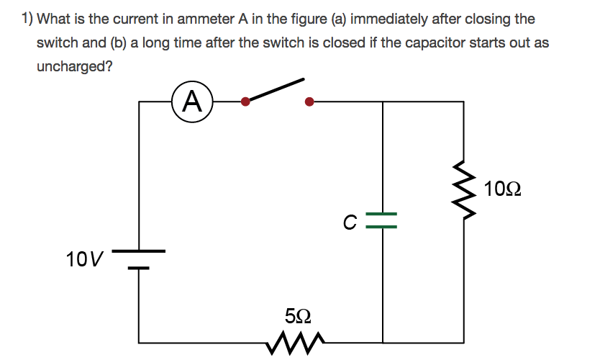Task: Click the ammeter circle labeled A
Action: click(192, 102)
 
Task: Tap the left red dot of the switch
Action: click(246, 102)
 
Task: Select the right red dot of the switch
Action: click(309, 102)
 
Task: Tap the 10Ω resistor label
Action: click(502, 190)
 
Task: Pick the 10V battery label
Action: click(84, 258)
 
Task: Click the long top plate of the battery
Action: click(139, 251)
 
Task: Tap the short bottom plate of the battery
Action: click(139, 268)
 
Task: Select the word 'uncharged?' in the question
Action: click(75, 66)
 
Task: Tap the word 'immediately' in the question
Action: click(388, 19)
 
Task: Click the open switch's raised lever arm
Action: click(275, 90)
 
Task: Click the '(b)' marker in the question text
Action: click(119, 42)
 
